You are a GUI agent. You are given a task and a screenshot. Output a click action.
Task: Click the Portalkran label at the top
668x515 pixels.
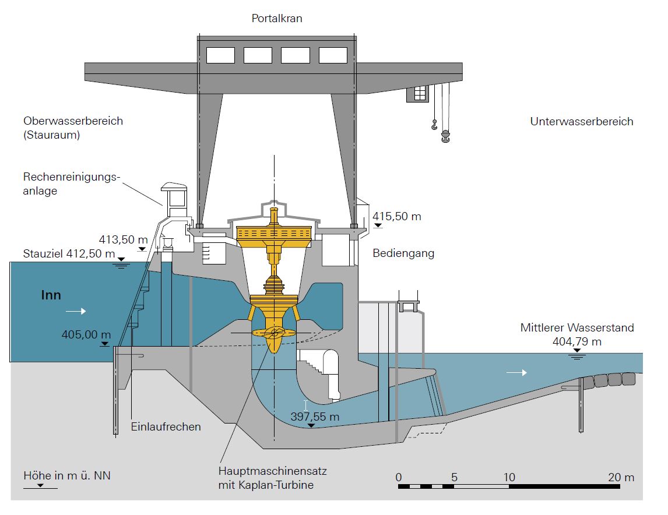(277, 18)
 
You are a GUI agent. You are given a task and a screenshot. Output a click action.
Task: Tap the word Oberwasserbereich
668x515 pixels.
(73, 121)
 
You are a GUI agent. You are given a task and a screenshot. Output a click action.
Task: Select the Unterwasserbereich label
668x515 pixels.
(582, 121)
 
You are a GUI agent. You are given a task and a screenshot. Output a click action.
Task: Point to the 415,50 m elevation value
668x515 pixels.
(396, 216)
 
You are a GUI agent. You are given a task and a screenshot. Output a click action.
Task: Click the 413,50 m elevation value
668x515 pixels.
(123, 239)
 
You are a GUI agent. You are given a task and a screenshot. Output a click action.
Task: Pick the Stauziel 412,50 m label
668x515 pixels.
(69, 253)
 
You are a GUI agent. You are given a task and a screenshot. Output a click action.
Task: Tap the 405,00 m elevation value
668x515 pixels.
(86, 334)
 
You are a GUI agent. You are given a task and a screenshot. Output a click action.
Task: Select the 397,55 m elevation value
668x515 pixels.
(315, 417)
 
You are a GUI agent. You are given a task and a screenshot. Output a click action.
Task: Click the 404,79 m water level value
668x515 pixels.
(577, 341)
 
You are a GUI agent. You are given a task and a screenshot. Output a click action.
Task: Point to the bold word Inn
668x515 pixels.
(51, 295)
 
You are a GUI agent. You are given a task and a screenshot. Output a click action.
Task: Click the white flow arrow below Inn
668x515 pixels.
(76, 311)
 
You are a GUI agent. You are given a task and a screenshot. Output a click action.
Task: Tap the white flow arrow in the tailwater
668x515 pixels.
(516, 373)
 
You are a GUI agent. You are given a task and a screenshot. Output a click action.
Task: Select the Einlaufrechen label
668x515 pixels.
(166, 426)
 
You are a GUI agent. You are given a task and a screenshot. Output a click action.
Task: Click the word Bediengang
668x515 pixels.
(403, 253)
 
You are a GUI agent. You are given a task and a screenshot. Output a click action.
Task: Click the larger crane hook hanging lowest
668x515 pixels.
(445, 136)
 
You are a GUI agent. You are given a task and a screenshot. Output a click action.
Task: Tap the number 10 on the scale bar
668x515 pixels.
(509, 477)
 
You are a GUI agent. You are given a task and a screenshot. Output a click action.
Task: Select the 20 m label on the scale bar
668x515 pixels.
(621, 477)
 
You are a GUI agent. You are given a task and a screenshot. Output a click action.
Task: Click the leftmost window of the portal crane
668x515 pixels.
(221, 55)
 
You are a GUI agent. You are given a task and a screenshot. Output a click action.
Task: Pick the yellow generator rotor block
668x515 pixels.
(274, 233)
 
